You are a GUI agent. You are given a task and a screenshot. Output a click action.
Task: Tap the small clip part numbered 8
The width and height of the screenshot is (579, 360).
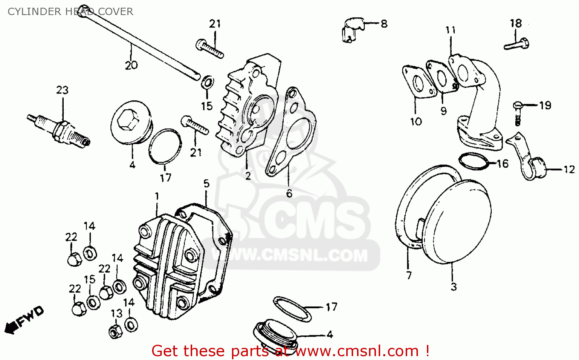352,29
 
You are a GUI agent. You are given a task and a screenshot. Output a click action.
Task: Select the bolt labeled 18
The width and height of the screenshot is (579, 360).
516,44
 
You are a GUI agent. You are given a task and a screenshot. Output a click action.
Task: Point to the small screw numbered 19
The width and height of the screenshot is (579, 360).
518,112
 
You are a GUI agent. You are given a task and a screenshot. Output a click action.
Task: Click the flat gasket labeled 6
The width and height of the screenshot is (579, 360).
291,131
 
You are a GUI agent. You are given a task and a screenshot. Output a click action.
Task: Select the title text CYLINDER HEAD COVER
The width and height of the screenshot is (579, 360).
70,12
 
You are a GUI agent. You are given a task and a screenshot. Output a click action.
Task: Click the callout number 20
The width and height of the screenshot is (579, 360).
131,65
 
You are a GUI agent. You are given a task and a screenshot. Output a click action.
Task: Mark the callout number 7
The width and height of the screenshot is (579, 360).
409,275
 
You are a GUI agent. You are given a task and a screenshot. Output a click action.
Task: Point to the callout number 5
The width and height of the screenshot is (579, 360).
207,184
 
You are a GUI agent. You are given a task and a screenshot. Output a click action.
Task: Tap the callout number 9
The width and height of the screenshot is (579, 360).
444,111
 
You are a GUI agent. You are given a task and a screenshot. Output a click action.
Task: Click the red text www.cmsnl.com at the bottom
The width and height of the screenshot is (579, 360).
357,351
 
